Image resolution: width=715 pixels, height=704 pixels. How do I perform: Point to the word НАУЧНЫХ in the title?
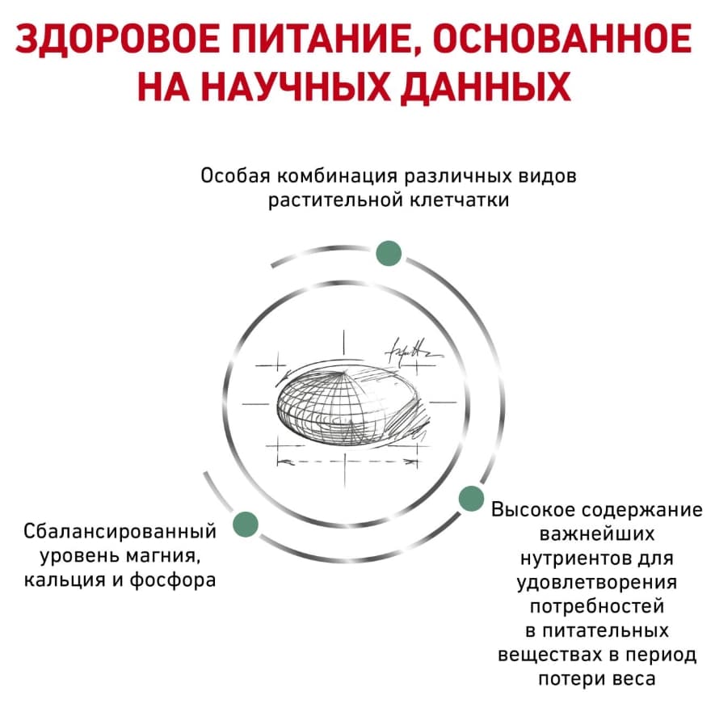click(296, 86)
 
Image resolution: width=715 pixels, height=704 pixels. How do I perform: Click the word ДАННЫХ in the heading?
click(486, 86)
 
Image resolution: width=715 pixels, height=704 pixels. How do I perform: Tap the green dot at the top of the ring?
click(389, 253)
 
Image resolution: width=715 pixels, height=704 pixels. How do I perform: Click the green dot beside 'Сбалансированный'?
click(246, 525)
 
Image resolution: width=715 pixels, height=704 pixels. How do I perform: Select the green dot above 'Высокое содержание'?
click(470, 499)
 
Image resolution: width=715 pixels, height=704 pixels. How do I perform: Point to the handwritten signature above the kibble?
click(412, 352)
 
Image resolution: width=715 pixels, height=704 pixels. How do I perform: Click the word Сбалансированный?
click(120, 532)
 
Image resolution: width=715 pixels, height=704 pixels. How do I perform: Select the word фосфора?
click(173, 580)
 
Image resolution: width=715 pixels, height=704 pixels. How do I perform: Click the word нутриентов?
click(572, 559)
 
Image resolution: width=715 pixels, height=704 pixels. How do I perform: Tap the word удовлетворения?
click(597, 583)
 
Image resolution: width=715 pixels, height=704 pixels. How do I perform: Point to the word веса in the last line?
click(634, 680)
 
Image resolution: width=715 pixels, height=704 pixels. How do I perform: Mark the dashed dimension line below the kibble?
click(347, 462)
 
